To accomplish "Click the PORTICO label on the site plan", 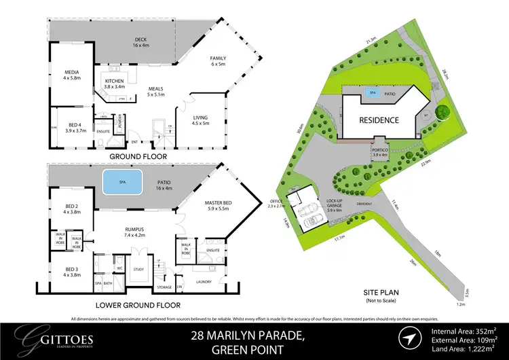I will point(380,151).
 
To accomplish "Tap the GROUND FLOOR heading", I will point(138,156).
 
